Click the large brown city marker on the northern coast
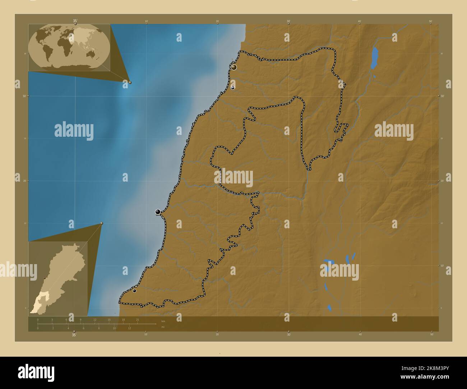[234, 67]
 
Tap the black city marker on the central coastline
[158, 212]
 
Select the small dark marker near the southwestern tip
[134, 291]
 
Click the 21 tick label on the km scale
[138, 319]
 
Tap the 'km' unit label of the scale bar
[163, 321]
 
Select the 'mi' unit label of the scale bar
[163, 327]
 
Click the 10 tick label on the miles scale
[114, 328]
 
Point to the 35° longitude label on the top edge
[75, 21]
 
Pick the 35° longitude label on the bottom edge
[74, 335]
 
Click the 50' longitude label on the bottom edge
[431, 334]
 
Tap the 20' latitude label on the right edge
[442, 181]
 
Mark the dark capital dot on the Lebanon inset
[45, 278]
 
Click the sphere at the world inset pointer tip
[130, 83]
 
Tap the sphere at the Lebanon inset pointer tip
[102, 223]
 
